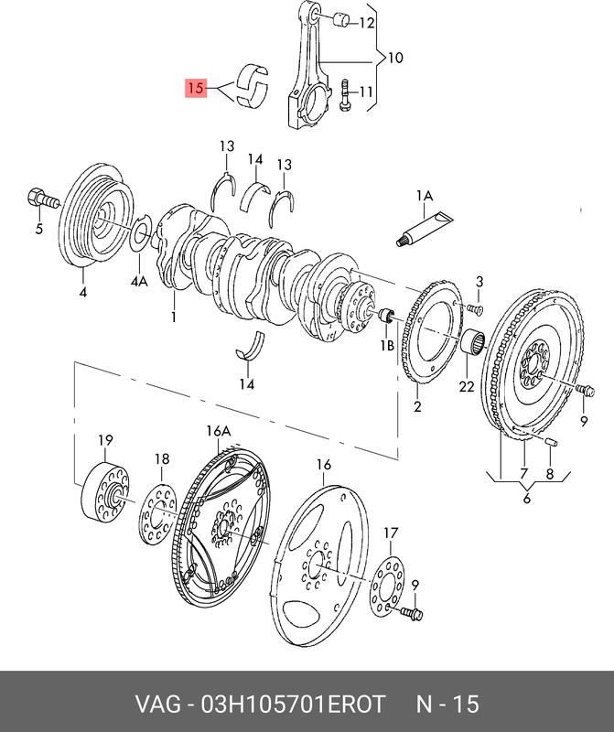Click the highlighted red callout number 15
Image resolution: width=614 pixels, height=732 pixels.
tap(194, 89)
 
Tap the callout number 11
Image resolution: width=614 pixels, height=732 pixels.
tap(365, 91)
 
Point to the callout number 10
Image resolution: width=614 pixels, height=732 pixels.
tap(394, 58)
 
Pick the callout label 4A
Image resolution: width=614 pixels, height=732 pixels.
tap(138, 283)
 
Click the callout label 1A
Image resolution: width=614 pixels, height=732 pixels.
tap(424, 196)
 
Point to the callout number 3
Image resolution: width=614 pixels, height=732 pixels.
tap(479, 281)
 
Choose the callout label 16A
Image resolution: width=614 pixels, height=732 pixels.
tap(219, 431)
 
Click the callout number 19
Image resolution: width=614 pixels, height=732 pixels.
tap(104, 441)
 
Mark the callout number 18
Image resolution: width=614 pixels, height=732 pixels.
tap(162, 459)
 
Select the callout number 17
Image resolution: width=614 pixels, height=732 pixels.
tap(391, 533)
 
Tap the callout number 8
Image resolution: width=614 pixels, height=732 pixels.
tap(549, 474)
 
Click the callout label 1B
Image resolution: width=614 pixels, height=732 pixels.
tap(387, 347)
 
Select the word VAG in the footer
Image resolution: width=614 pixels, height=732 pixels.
tap(157, 704)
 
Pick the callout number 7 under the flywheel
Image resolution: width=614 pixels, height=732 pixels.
tap(523, 474)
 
